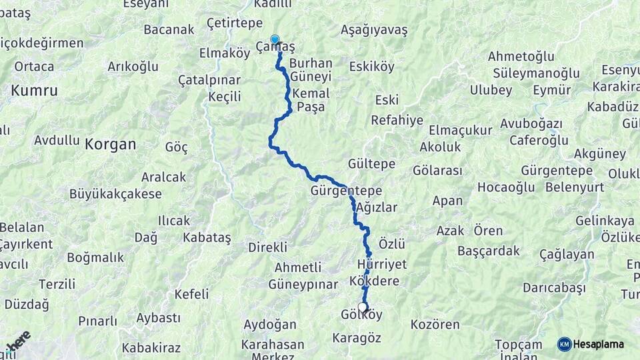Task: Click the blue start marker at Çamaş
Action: tap(275, 40)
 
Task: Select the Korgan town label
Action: tap(110, 143)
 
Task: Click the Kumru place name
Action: tap(34, 90)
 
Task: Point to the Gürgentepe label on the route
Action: tap(341, 191)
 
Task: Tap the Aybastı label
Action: tap(159, 318)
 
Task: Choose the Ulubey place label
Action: tap(491, 90)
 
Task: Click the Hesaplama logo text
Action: tap(599, 344)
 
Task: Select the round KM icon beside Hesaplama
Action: tap(565, 344)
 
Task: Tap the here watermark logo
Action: tap(19, 341)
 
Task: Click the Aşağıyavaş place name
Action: tap(374, 30)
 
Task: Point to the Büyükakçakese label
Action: tap(115, 195)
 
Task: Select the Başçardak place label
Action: tap(489, 251)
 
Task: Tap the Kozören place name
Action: tap(435, 325)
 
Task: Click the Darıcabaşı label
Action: tap(554, 287)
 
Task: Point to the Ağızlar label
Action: tap(377, 207)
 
